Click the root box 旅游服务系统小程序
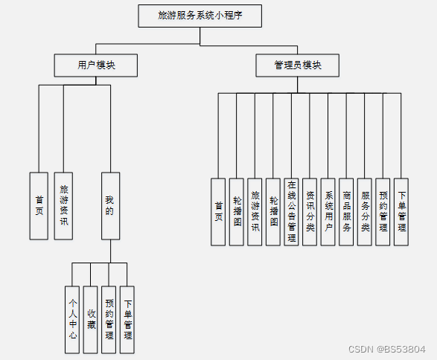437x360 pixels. pyautogui.click(x=200, y=16)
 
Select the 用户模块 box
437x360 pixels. pyautogui.click(x=96, y=65)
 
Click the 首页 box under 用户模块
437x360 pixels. pyautogui.click(x=39, y=206)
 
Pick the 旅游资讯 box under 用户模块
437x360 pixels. pyautogui.click(x=63, y=206)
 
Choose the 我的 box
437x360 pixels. pyautogui.click(x=109, y=206)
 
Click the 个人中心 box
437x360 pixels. pyautogui.click(x=72, y=319)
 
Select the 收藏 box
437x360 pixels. pyautogui.click(x=91, y=319)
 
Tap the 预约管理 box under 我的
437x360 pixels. pyautogui.click(x=109, y=319)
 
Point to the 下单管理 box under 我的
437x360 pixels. pyautogui.click(x=127, y=319)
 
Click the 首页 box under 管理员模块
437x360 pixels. pyautogui.click(x=218, y=212)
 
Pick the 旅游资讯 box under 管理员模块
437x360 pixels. pyautogui.click(x=255, y=212)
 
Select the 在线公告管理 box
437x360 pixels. pyautogui.click(x=291, y=212)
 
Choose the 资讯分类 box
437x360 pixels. pyautogui.click(x=310, y=212)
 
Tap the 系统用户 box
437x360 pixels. pyautogui.click(x=328, y=212)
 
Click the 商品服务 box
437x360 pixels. pyautogui.click(x=346, y=212)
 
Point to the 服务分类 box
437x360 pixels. pyautogui.click(x=365, y=212)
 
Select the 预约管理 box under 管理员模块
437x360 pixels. pyautogui.click(x=383, y=212)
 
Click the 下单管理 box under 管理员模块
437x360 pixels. pyautogui.click(x=401, y=212)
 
